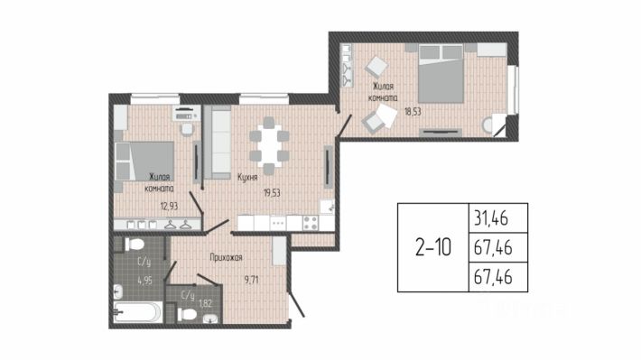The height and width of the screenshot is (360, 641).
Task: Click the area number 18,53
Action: point(413,112)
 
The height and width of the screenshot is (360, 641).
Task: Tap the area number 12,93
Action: point(169,206)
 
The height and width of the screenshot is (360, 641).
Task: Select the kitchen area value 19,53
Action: point(272,192)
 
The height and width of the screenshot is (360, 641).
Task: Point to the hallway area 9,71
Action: point(251,280)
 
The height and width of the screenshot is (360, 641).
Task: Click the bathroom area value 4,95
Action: point(144,281)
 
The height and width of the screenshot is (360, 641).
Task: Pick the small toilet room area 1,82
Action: point(205,303)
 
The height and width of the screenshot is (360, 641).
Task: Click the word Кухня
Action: point(247,178)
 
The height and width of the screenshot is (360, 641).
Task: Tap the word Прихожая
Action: point(226,257)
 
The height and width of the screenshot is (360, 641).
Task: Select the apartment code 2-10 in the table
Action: point(433,247)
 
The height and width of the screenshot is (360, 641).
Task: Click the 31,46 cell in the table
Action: point(491,218)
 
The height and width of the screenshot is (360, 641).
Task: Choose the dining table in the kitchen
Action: point(269,145)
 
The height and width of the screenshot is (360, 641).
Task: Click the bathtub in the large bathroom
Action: point(137,312)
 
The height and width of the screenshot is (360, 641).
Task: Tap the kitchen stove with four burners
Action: point(311,223)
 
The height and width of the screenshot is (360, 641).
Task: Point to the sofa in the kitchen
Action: point(218,143)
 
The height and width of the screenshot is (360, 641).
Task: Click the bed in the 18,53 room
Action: point(441,74)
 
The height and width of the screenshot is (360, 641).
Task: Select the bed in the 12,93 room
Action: point(144,161)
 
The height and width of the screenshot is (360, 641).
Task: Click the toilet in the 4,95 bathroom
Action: point(135,245)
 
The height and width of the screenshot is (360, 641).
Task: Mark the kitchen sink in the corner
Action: point(327,207)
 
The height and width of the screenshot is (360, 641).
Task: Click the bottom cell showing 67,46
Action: point(493,277)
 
